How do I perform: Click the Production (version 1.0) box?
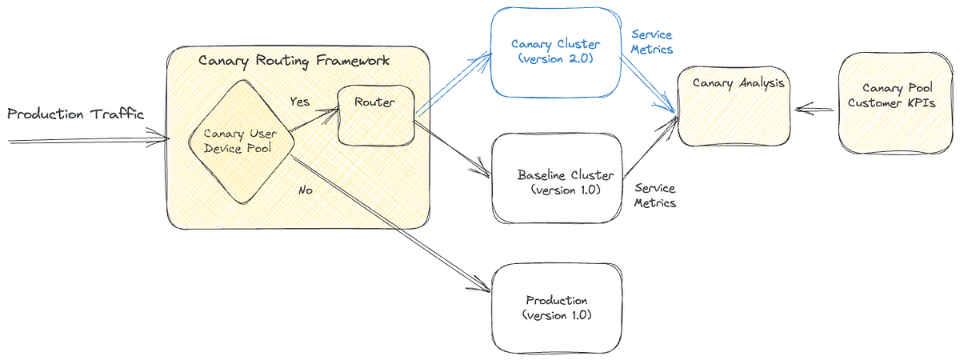click(x=557, y=307)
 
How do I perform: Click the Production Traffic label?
click(x=75, y=114)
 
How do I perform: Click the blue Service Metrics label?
click(x=652, y=42)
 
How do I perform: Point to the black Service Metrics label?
click(x=654, y=196)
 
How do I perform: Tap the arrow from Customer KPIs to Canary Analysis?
click(x=815, y=106)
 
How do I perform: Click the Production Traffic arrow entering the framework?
click(x=88, y=141)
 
